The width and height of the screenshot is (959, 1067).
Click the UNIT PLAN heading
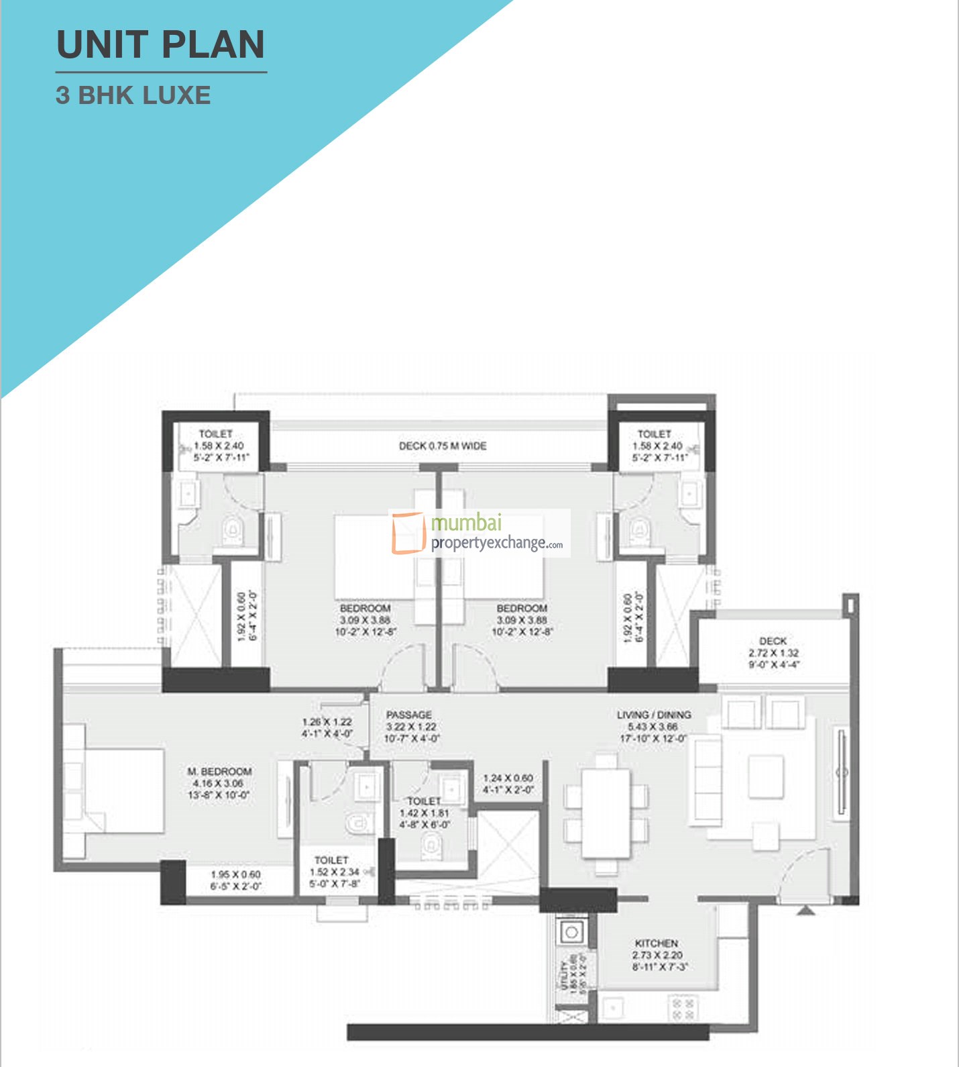(x=161, y=45)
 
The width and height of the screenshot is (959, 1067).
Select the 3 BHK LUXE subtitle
(x=133, y=95)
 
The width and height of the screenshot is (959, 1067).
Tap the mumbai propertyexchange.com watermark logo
(x=479, y=533)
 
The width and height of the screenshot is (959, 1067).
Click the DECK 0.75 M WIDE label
(x=443, y=446)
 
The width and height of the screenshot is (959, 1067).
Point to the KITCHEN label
(x=656, y=944)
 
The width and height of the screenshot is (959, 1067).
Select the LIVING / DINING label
(x=654, y=715)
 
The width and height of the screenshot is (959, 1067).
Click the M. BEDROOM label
(x=219, y=772)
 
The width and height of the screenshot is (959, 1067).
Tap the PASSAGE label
(x=409, y=715)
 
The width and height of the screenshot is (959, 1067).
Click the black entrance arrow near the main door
(x=806, y=910)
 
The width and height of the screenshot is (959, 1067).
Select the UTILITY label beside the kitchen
(x=564, y=974)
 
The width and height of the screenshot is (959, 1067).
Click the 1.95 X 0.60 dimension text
(x=235, y=874)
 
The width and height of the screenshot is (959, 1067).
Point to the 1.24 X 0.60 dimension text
(x=508, y=778)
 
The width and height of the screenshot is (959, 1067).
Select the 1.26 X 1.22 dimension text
(x=327, y=722)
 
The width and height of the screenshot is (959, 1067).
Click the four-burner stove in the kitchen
(x=683, y=1009)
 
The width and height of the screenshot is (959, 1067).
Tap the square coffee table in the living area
(x=766, y=776)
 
